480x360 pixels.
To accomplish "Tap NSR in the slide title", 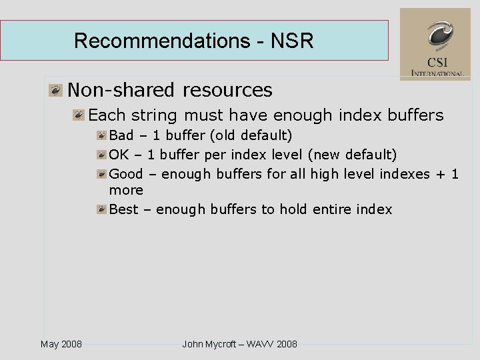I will coord(292,41).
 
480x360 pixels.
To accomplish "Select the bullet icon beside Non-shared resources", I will coord(55,90).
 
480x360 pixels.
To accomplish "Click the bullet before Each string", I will coord(79,115).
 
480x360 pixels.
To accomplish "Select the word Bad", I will coord(121,135).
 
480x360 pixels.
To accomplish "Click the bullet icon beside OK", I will coord(101,155).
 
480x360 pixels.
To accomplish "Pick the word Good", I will coord(125,174).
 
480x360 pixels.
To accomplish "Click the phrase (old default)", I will coord(251,135).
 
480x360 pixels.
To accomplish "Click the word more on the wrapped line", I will coord(126,191).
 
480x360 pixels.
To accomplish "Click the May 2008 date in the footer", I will coord(61,344).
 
